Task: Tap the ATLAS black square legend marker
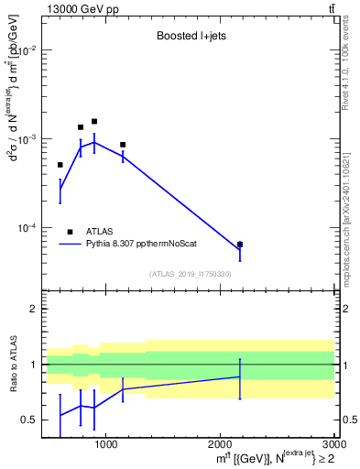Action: click(x=70, y=233)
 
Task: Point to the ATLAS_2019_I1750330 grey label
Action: click(x=190, y=274)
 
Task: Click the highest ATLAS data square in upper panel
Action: click(x=93, y=121)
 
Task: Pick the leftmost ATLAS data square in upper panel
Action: click(x=60, y=165)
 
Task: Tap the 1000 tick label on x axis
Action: click(x=105, y=444)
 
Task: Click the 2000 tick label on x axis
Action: click(x=220, y=444)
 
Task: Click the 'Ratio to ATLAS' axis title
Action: click(x=11, y=365)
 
